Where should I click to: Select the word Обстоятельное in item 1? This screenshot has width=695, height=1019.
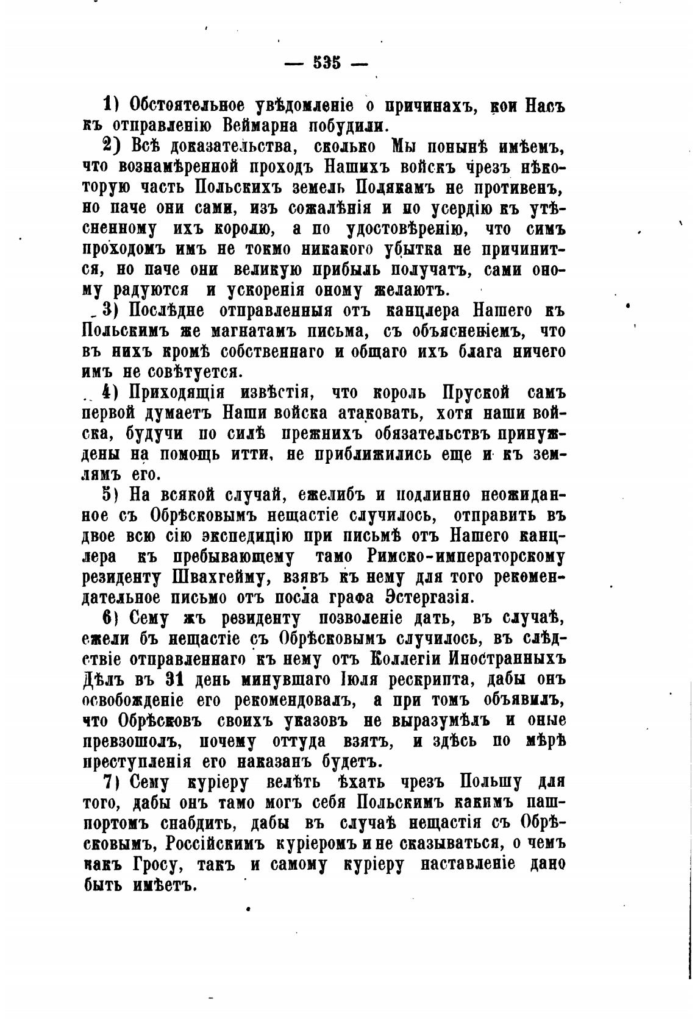click(x=177, y=105)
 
